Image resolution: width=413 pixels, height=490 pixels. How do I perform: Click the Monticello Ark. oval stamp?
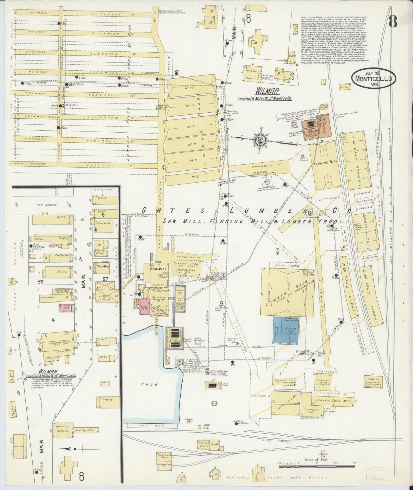(x=374, y=78)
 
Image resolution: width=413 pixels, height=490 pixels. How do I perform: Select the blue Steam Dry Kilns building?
(x=286, y=330)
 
